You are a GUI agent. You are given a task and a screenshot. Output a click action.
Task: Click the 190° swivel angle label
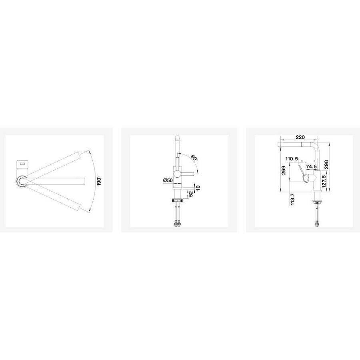pyautogui.click(x=99, y=181)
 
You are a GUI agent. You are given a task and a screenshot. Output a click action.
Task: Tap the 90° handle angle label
pyautogui.click(x=194, y=158)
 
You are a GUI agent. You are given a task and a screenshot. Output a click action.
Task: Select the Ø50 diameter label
pyautogui.click(x=168, y=180)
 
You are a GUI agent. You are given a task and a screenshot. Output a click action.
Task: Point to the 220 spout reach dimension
pyautogui.click(x=300, y=137)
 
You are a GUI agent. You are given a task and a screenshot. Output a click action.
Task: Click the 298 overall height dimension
pyautogui.click(x=327, y=165)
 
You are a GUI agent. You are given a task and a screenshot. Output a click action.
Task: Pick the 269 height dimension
pyautogui.click(x=284, y=170)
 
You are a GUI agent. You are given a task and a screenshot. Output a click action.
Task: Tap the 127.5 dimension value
pyautogui.click(x=324, y=182)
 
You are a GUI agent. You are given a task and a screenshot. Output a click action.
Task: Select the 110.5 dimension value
pyautogui.click(x=292, y=159)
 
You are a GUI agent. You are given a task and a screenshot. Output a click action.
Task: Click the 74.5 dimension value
pyautogui.click(x=311, y=167)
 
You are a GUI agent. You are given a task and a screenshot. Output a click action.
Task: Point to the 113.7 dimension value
pyautogui.click(x=292, y=199)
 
